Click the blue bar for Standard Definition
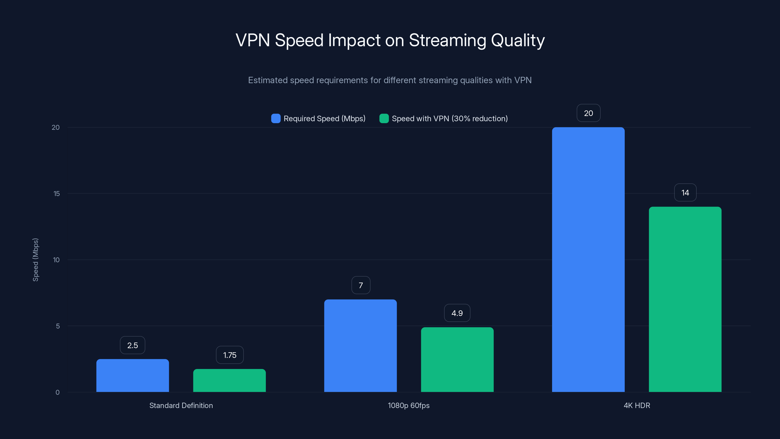click(133, 375)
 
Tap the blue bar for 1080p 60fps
click(360, 346)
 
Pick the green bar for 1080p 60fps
click(457, 360)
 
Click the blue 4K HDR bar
click(588, 260)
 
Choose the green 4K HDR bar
click(685, 299)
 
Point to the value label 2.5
click(133, 345)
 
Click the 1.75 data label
click(230, 355)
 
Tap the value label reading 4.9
click(457, 313)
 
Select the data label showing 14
click(685, 193)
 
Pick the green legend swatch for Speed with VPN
click(384, 119)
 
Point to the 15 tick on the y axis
click(57, 194)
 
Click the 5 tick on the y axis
click(58, 326)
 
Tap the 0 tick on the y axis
click(58, 392)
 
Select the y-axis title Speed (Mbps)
click(35, 260)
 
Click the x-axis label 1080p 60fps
click(409, 405)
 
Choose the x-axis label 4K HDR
click(637, 405)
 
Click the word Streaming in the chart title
click(447, 40)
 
